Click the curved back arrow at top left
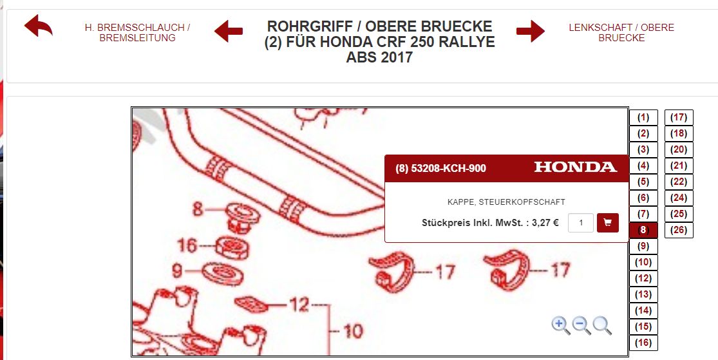click(x=39, y=25)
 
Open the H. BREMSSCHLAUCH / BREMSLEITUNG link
click(x=137, y=32)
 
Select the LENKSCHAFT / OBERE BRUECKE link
click(x=621, y=32)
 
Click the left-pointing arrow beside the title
click(x=229, y=31)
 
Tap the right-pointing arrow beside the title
click(x=531, y=31)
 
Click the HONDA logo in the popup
click(x=576, y=167)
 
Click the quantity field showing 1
click(x=581, y=223)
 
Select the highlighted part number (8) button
click(x=643, y=230)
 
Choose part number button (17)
click(x=679, y=117)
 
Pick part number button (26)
click(x=679, y=230)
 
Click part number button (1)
click(x=643, y=117)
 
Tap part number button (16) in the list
click(x=643, y=343)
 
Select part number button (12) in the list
click(x=643, y=278)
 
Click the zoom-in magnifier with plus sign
click(x=560, y=326)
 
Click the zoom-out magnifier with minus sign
click(x=581, y=326)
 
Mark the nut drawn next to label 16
click(x=232, y=248)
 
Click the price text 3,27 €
click(x=545, y=223)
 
